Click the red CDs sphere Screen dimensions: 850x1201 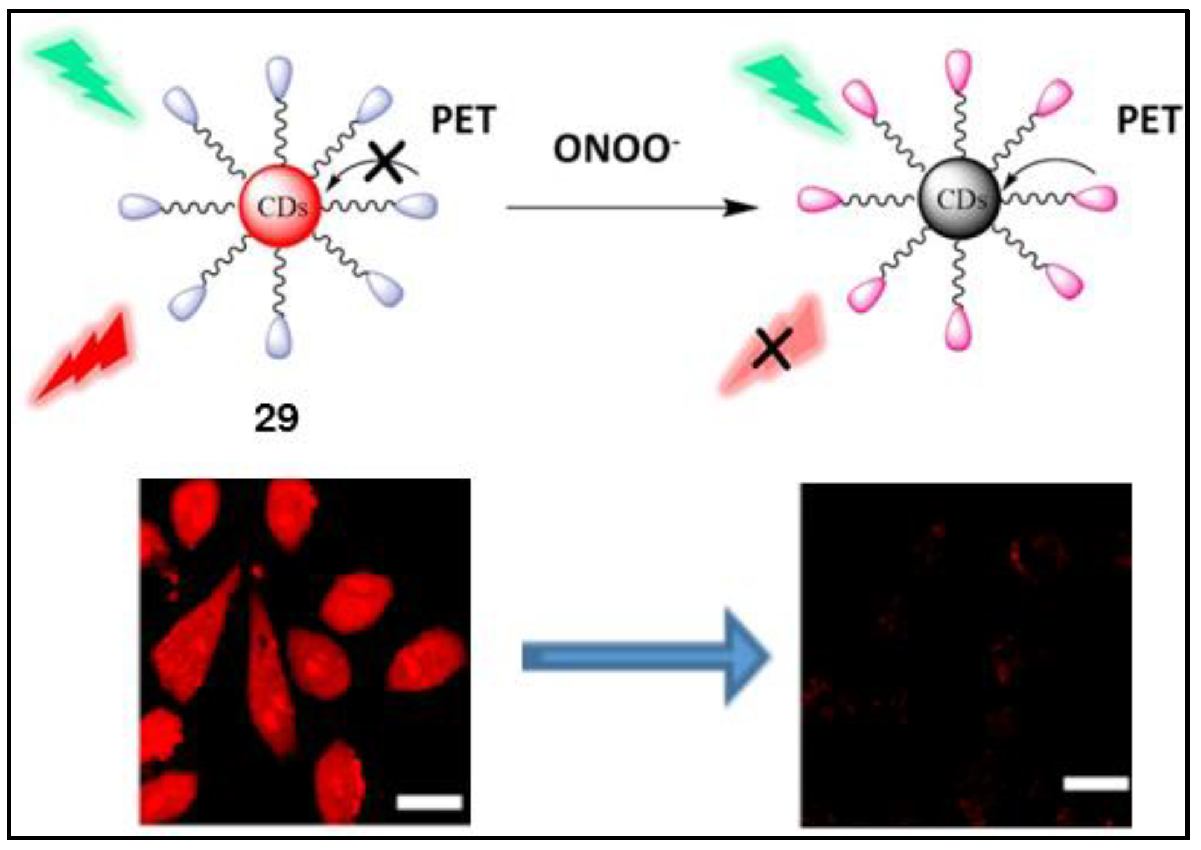pos(280,206)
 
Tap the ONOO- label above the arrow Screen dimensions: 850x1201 pos(614,149)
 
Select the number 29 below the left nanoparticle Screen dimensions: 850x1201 pos(276,418)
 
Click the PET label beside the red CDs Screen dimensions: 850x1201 pos(464,120)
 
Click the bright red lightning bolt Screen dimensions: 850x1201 pos(84,356)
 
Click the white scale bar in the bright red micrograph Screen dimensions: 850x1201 pos(429,802)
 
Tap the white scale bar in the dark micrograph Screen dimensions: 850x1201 pos(1095,784)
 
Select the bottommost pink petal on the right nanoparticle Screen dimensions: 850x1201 pos(958,330)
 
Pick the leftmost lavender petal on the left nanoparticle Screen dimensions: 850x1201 pos(138,206)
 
